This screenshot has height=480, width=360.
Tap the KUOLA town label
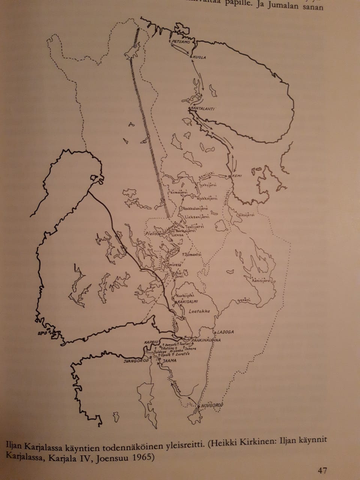click(200, 57)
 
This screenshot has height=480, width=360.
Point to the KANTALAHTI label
click(202, 109)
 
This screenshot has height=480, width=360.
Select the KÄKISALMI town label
click(187, 301)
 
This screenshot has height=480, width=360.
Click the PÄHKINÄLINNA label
click(205, 340)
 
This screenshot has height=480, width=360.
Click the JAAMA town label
click(168, 360)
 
